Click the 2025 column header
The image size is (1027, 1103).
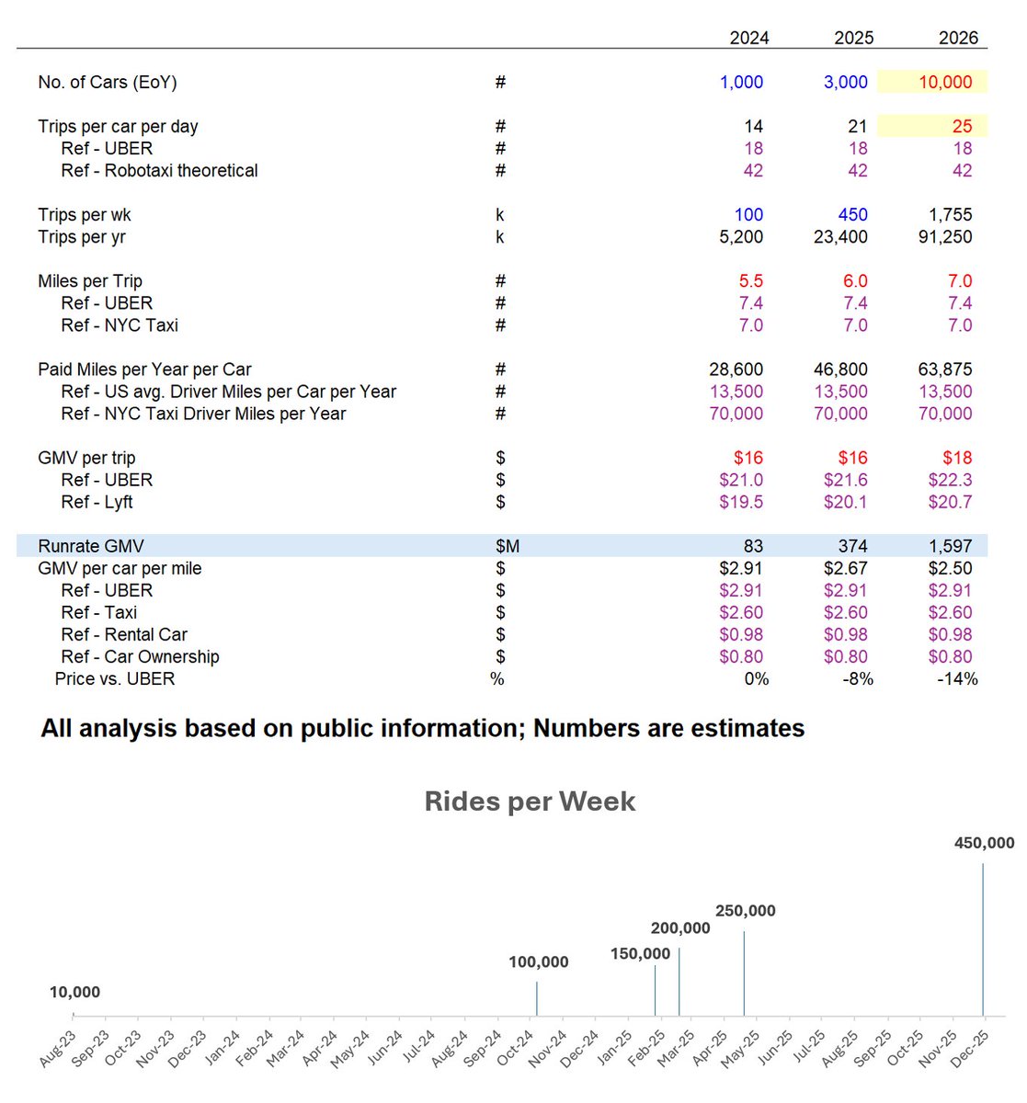coord(853,38)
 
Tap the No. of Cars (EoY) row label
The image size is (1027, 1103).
coord(108,82)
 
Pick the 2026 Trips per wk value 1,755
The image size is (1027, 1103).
coord(950,214)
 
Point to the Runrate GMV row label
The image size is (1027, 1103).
coord(91,546)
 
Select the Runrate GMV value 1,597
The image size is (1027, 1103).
coord(950,546)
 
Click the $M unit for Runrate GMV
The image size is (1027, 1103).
coord(508,546)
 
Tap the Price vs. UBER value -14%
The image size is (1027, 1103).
coord(957,678)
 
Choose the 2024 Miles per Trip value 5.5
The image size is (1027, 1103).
coord(750,281)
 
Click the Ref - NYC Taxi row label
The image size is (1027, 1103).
coord(120,325)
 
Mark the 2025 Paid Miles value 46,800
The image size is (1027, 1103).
coord(840,370)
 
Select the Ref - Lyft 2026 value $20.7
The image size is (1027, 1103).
coord(950,502)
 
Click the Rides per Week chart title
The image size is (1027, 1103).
coord(530,801)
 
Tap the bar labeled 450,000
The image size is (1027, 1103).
coord(983,938)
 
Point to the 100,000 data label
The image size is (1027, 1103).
coord(539,962)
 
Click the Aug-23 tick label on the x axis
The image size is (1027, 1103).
coord(59,1049)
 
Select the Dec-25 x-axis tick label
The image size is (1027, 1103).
coord(971,1049)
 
